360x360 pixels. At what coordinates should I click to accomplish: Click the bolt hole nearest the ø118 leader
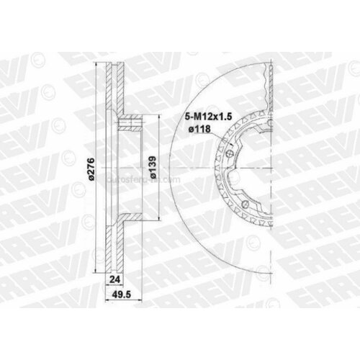[x=231, y=150]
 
